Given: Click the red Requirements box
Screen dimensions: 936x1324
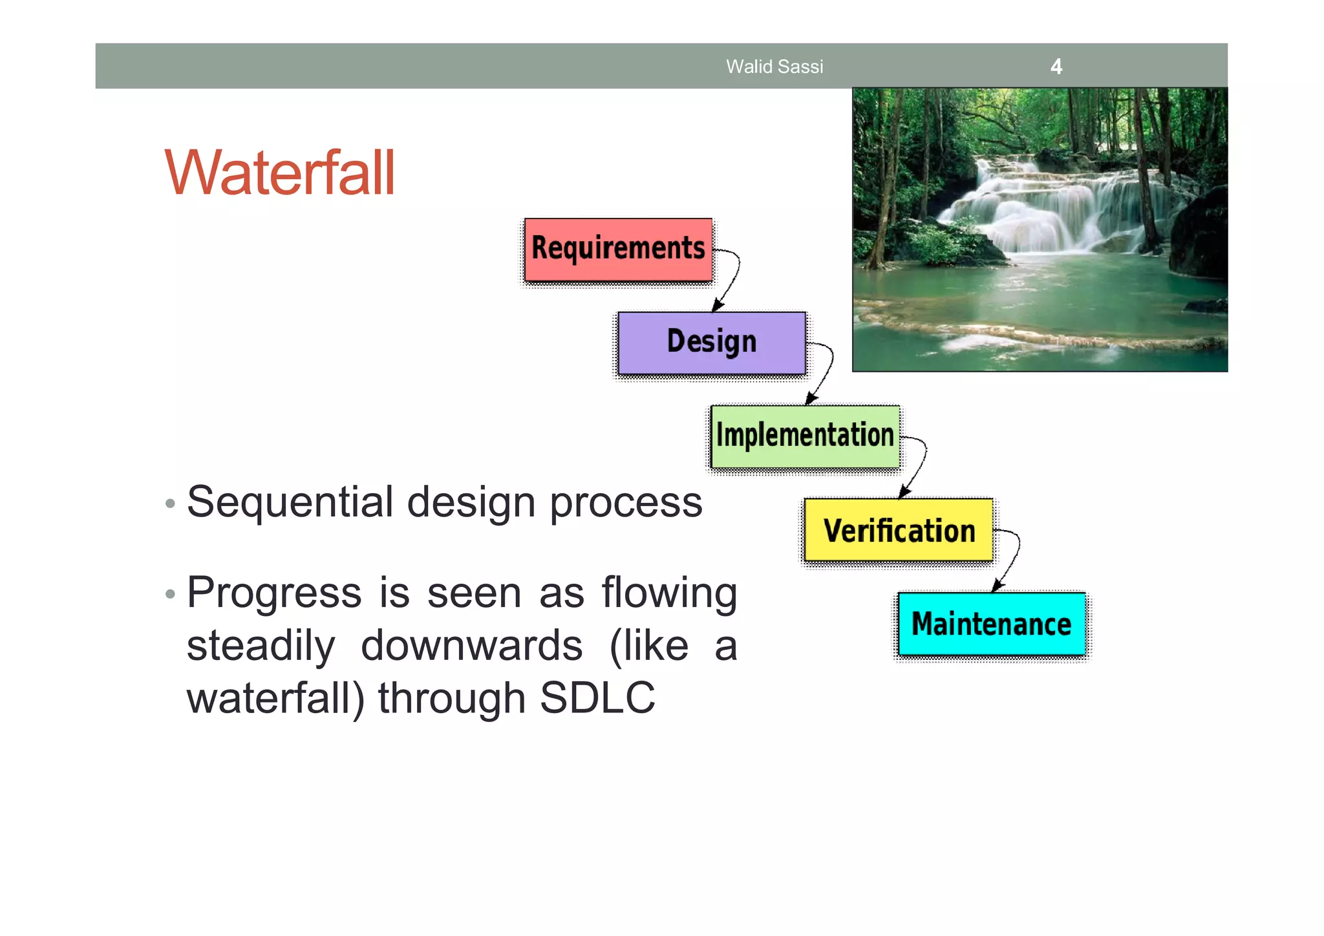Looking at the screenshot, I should [618, 250].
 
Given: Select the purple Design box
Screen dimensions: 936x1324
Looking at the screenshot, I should [711, 343].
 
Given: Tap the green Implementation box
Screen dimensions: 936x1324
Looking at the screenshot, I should [805, 436].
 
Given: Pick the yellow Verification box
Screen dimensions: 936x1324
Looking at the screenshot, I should [898, 530].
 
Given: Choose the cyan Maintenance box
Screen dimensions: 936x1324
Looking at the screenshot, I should [992, 624].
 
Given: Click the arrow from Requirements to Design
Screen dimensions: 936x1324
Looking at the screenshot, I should [733, 278].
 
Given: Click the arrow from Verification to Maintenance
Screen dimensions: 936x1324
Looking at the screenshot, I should [1013, 558].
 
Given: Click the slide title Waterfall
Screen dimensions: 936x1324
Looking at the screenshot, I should [279, 173].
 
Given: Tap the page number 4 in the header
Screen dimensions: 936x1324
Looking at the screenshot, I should [1056, 67].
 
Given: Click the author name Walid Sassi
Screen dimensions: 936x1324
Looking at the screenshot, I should [774, 67].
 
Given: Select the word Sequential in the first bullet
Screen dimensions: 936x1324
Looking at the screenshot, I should [290, 502].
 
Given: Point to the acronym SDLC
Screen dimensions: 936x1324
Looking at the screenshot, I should [597, 698].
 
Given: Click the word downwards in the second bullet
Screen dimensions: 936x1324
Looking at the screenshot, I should [471, 646].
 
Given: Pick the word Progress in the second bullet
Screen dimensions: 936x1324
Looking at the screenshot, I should [274, 593].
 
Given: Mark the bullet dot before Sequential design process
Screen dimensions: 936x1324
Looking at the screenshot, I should [170, 504].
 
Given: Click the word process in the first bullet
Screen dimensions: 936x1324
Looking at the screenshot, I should [626, 502].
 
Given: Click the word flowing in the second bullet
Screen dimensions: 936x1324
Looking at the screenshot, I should [669, 593].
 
